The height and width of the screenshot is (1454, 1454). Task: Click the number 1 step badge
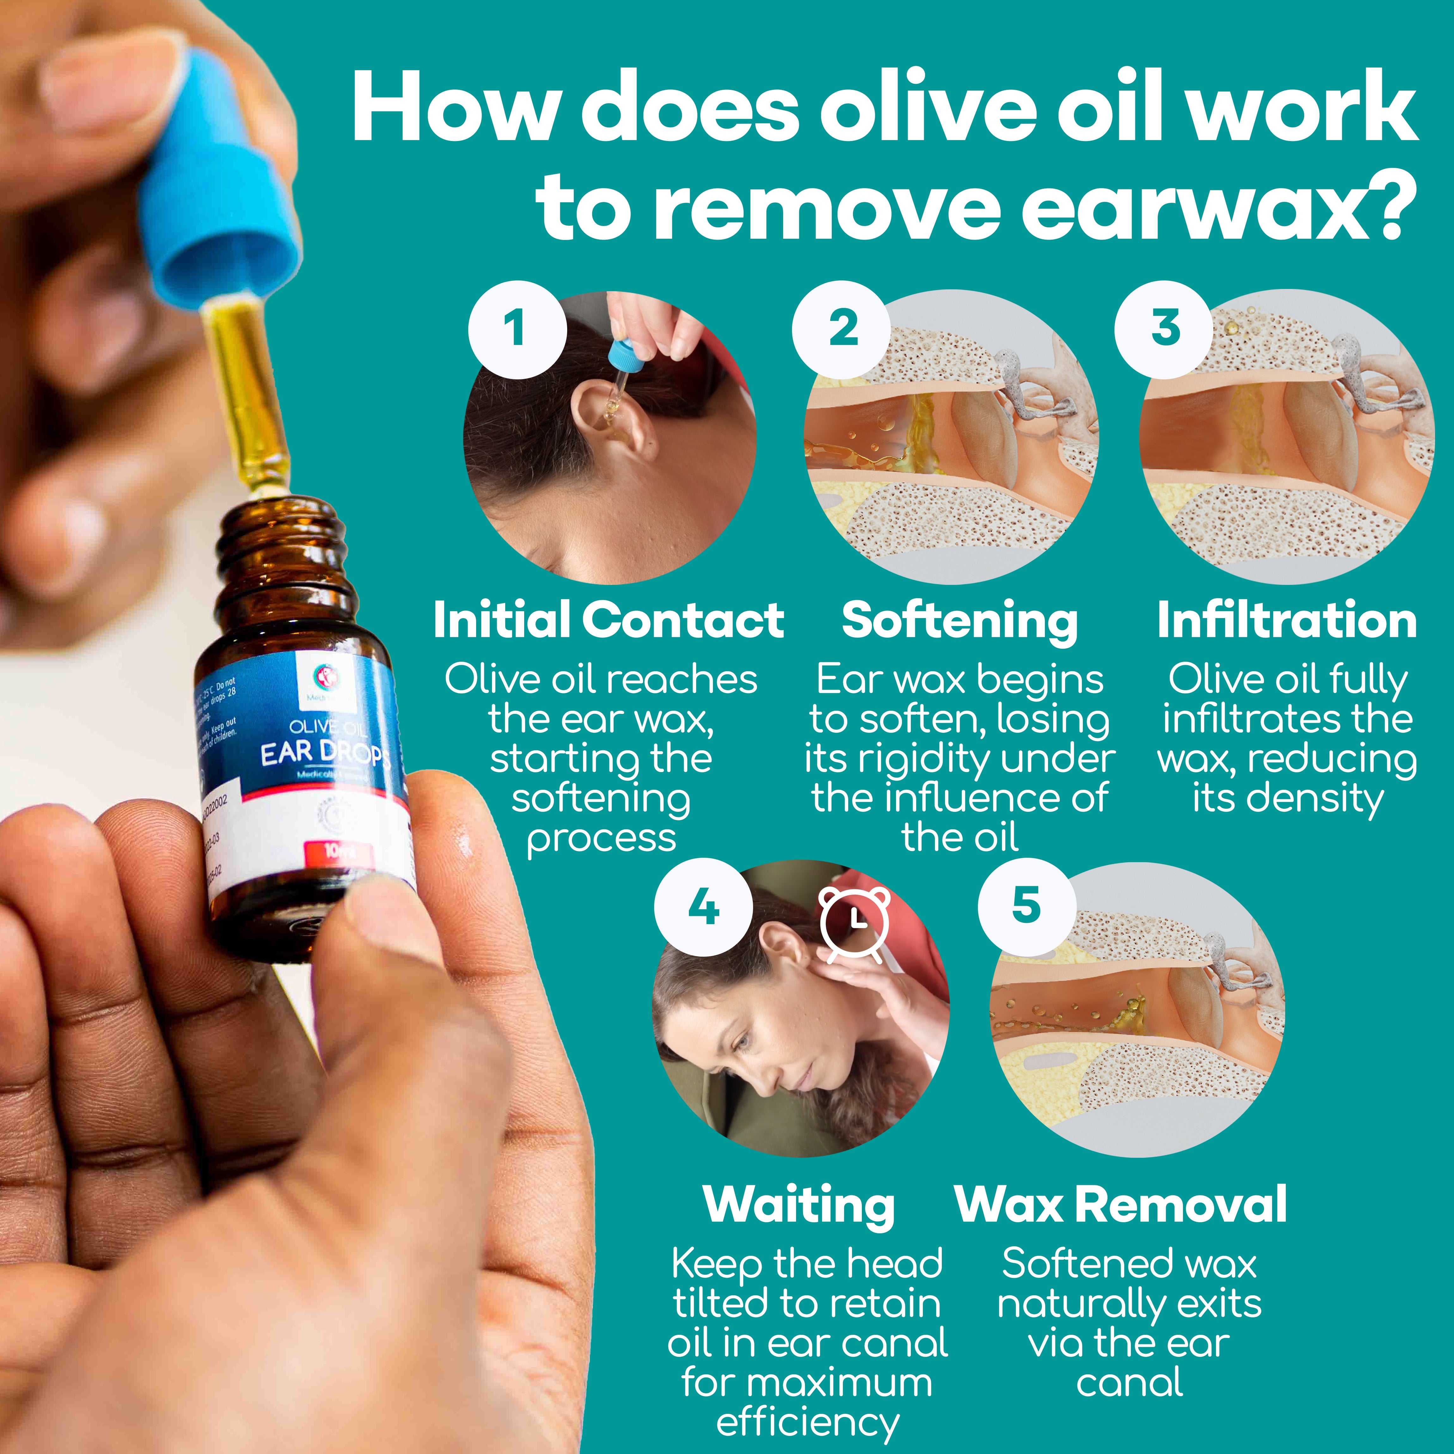click(x=517, y=330)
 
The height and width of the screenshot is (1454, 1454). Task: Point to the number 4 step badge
click(x=703, y=907)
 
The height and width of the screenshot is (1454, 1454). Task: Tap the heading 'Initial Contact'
click(x=608, y=621)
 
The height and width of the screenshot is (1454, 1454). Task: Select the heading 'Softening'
click(x=960, y=621)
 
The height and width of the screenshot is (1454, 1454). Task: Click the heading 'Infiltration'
click(x=1287, y=621)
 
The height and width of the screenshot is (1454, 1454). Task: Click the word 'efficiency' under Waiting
click(x=807, y=1422)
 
